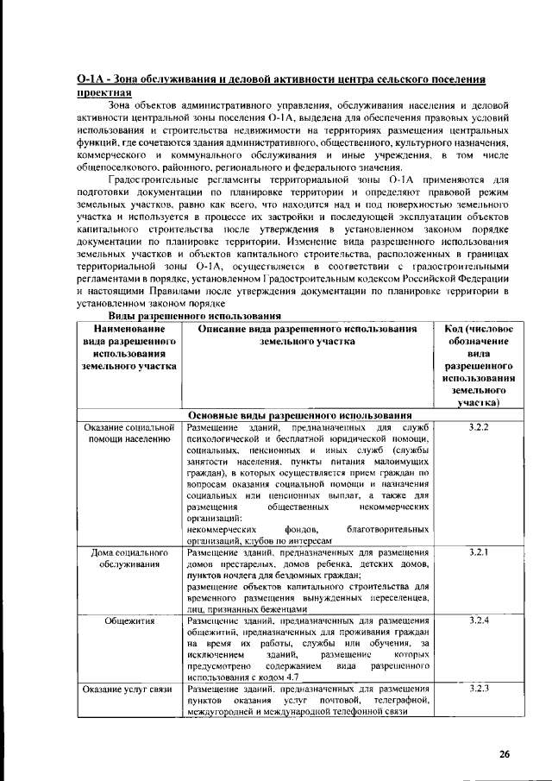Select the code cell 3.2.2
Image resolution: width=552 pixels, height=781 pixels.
[479, 428]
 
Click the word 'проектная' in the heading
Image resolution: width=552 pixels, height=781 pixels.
[104, 92]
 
